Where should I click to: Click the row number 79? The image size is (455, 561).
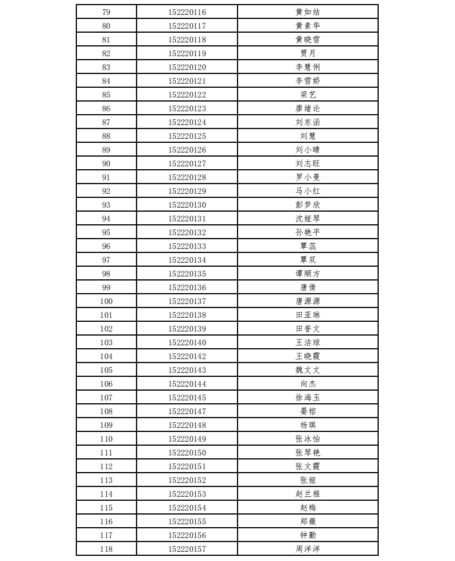[106, 12]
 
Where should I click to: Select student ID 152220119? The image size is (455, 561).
[187, 53]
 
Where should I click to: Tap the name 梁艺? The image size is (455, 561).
[308, 95]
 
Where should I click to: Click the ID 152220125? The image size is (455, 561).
[187, 136]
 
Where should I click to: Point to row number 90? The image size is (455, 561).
[106, 163]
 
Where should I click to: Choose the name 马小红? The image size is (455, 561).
[308, 191]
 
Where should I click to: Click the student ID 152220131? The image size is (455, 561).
[187, 219]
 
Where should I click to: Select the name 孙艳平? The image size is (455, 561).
[308, 232]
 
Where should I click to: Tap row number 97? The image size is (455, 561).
[106, 260]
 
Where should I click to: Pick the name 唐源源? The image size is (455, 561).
[308, 301]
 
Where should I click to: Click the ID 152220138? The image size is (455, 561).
[187, 315]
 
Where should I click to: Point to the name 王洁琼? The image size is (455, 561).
[308, 342]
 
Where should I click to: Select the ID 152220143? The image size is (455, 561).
[187, 370]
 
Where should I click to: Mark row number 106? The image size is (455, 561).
[106, 384]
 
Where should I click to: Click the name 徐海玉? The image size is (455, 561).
[308, 398]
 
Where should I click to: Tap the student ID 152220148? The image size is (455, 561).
[187, 425]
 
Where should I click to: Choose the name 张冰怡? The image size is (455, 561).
[308, 439]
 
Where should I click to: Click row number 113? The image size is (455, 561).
[106, 480]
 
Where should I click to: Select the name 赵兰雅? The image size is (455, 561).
[308, 494]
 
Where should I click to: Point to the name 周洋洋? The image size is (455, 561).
[308, 549]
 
